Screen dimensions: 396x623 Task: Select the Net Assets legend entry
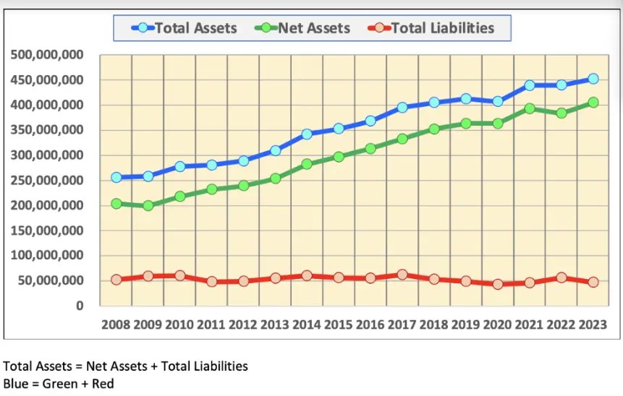click(x=303, y=28)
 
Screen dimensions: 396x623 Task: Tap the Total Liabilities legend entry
click(x=433, y=28)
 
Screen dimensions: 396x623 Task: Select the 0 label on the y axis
click(x=79, y=306)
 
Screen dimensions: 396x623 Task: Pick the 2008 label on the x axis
click(x=115, y=325)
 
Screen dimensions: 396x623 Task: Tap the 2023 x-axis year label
click(x=592, y=325)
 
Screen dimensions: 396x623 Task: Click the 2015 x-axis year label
click(x=339, y=325)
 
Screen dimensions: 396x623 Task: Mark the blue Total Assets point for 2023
click(x=593, y=79)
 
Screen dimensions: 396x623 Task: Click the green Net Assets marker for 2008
click(x=116, y=204)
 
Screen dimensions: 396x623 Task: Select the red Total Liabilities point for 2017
click(x=402, y=275)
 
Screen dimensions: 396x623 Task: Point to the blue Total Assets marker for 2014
click(x=307, y=134)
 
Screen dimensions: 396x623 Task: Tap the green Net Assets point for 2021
click(x=530, y=108)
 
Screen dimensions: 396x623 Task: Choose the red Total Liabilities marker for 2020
click(x=498, y=284)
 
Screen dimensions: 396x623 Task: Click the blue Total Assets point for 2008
click(x=116, y=177)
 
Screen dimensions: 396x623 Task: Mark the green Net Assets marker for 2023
click(x=593, y=103)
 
